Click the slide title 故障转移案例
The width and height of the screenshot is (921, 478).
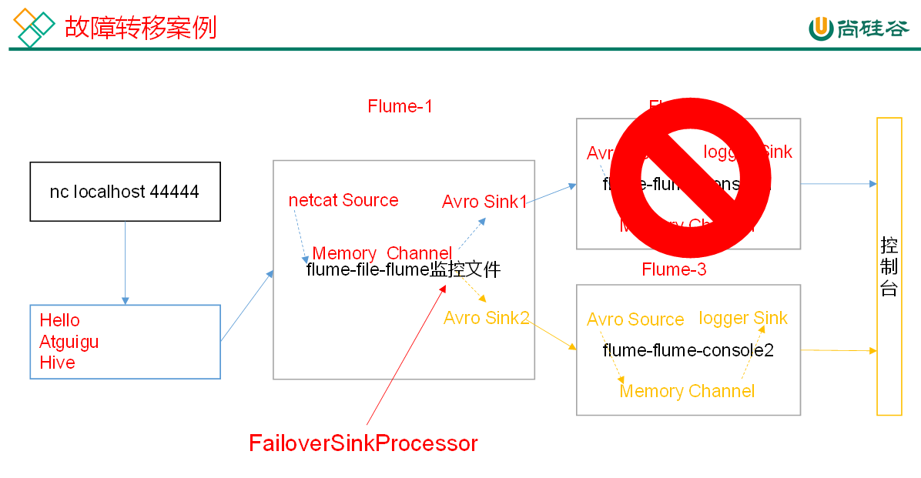[140, 28]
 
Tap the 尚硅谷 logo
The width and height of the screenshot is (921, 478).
[859, 28]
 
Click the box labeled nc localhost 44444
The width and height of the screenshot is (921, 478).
[125, 192]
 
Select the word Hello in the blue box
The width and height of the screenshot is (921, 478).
[60, 320]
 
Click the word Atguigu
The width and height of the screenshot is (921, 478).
[69, 341]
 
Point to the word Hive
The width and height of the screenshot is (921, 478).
[58, 363]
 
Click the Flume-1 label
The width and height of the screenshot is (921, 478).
[400, 106]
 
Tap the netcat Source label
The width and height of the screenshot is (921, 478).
[343, 200]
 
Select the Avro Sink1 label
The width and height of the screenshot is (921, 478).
[484, 202]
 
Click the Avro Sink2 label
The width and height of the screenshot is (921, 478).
[486, 318]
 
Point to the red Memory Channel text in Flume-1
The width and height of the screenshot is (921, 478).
[382, 253]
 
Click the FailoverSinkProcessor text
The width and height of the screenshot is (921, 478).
[363, 443]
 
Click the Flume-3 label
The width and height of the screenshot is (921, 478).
[674, 269]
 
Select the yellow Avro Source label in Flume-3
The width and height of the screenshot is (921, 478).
[635, 319]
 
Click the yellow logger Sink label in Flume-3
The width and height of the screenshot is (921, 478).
[743, 318]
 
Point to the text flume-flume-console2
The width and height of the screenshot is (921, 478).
[688, 350]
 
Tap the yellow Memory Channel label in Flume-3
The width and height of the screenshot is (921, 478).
[687, 391]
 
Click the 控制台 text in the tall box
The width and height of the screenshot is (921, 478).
[889, 267]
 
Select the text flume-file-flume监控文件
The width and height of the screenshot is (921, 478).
[404, 270]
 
